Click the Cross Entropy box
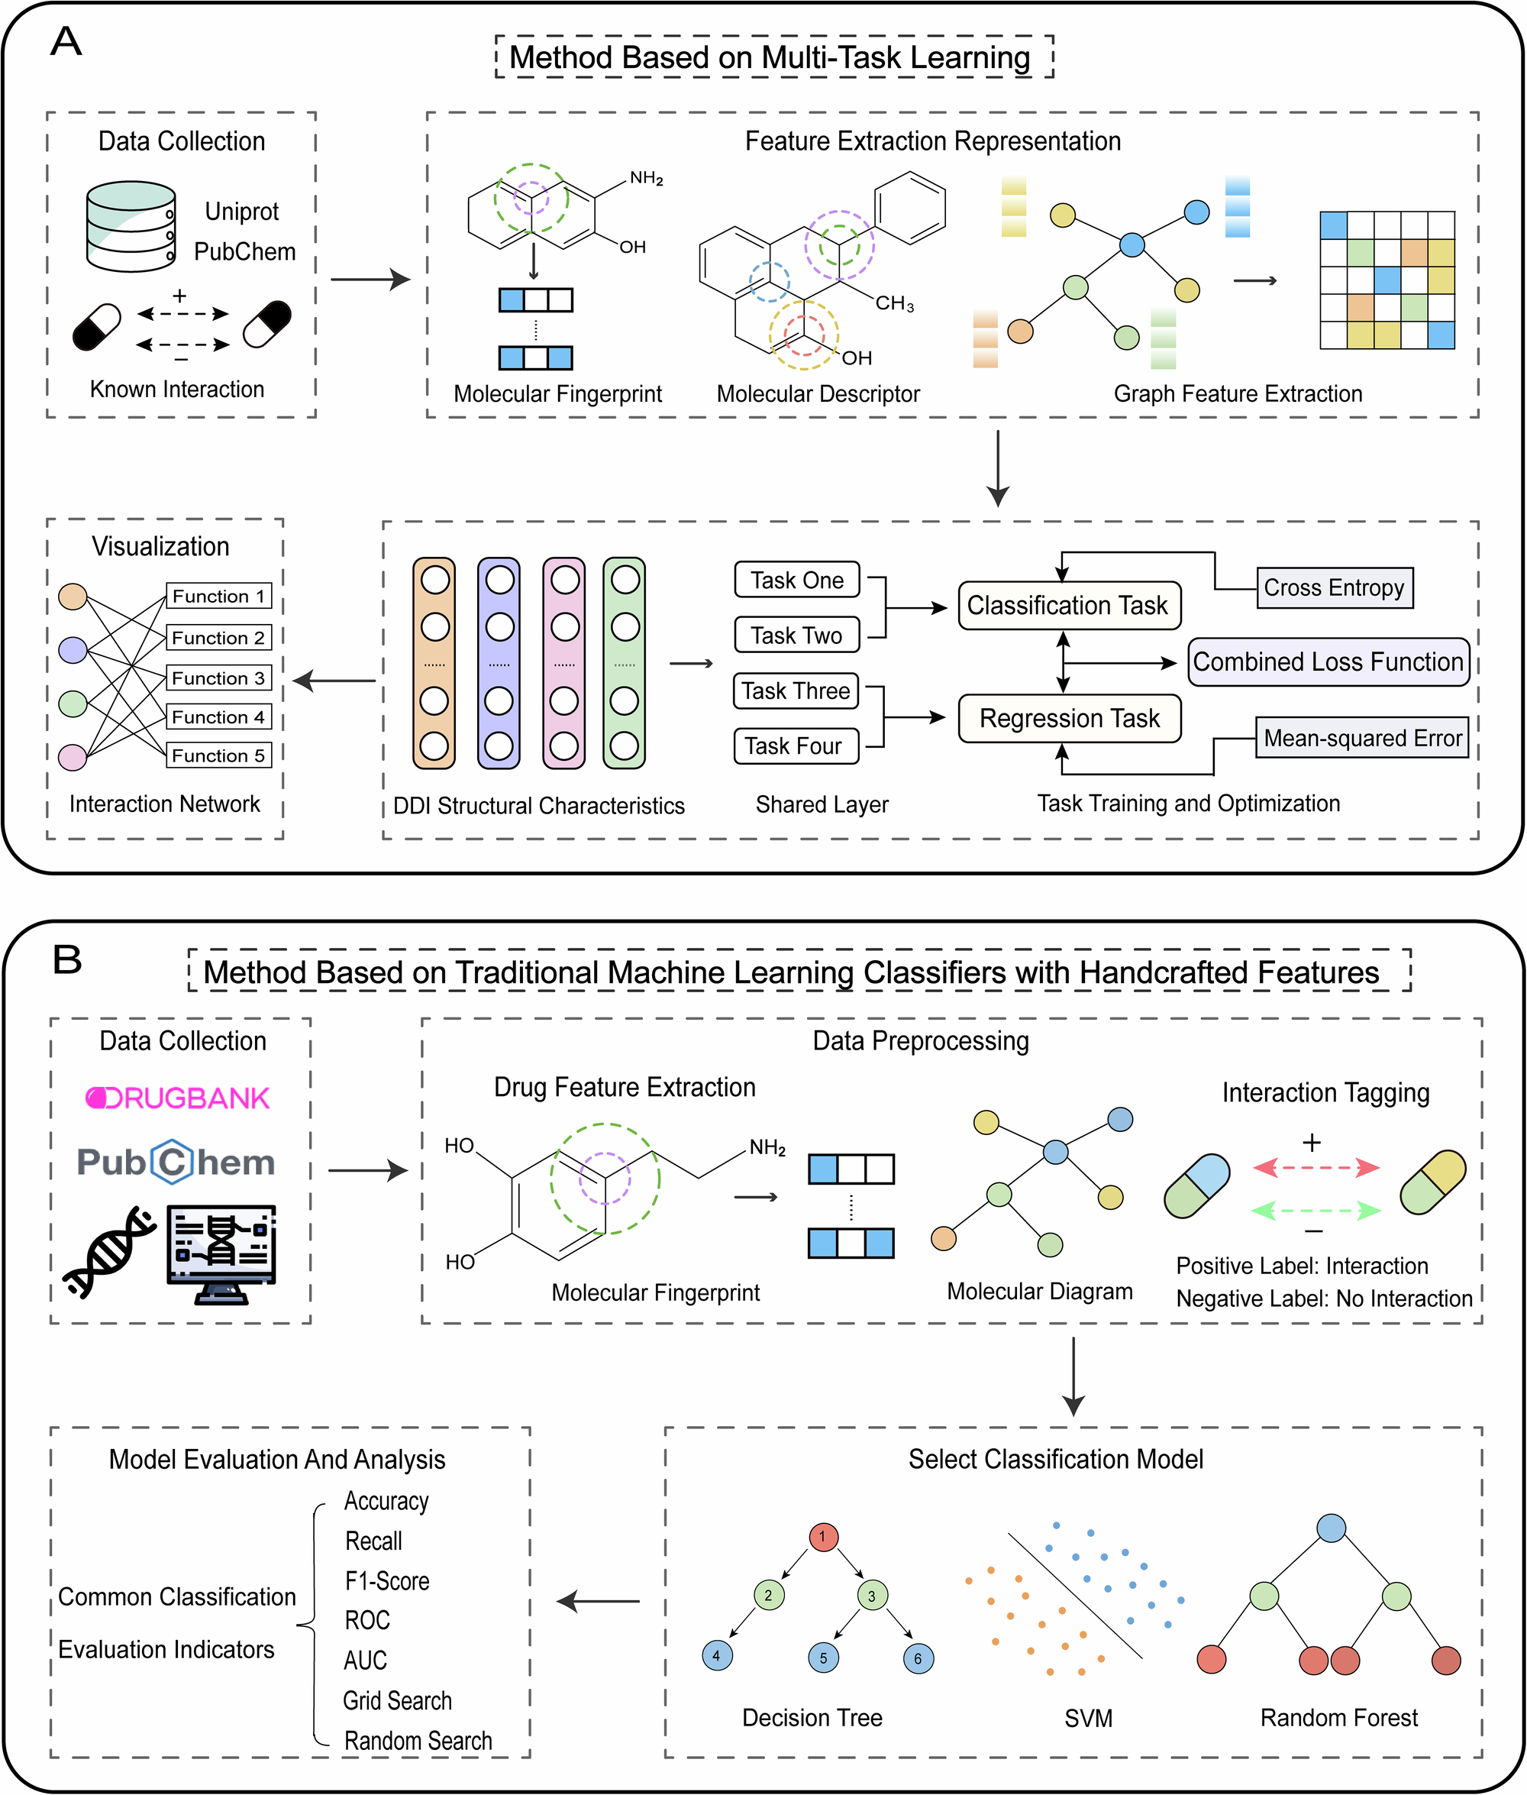point(1334,587)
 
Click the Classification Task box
point(1068,604)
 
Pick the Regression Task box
point(1068,718)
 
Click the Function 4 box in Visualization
point(218,716)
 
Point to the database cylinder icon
point(131,226)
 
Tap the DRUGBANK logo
point(177,1098)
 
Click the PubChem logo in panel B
point(176,1161)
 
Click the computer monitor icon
point(221,1252)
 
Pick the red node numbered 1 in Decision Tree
point(822,1537)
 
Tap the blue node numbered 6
point(918,1658)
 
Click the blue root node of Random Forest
point(1331,1528)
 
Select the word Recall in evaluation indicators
point(373,1541)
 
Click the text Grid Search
point(397,1700)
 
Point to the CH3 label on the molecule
point(894,303)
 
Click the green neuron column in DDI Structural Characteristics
point(624,662)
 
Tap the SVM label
point(1088,1718)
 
